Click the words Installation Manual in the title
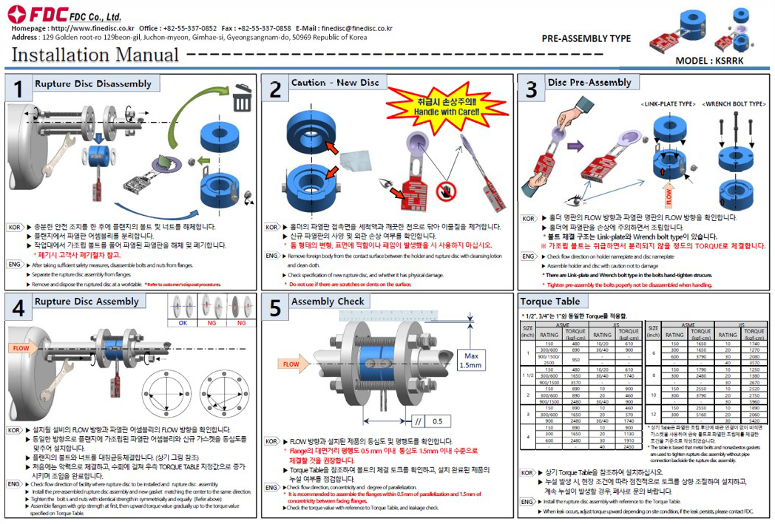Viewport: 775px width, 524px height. click(x=95, y=55)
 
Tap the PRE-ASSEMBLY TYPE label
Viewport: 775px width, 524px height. click(x=586, y=38)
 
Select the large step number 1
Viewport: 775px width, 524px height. click(x=18, y=89)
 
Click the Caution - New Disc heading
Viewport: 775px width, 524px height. click(x=335, y=83)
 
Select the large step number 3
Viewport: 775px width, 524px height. click(x=531, y=89)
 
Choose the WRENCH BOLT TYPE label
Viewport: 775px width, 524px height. click(x=733, y=105)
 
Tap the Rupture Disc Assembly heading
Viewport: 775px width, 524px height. click(x=87, y=302)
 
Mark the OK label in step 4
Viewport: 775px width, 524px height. click(x=182, y=323)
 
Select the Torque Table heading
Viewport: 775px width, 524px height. click(x=550, y=302)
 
